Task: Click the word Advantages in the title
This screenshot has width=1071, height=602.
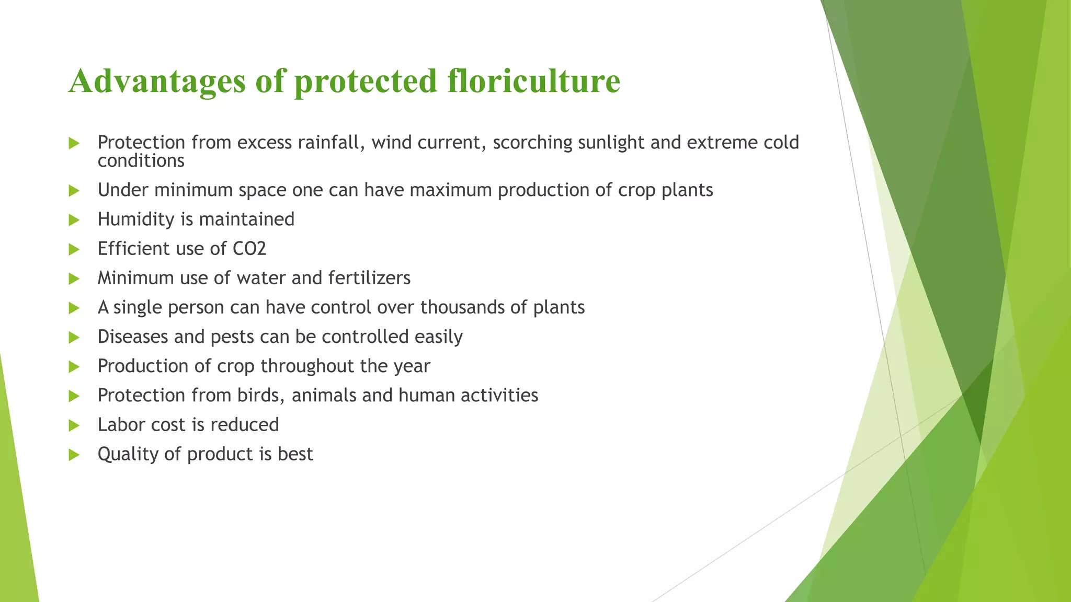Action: tap(157, 82)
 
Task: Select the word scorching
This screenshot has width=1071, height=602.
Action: tap(532, 143)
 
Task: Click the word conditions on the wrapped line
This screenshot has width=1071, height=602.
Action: tap(141, 161)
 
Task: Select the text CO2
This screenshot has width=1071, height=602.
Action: tap(249, 249)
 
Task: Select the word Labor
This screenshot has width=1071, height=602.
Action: tap(121, 425)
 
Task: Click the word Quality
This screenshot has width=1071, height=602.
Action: tap(128, 455)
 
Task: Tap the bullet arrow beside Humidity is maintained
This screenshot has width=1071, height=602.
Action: tap(74, 220)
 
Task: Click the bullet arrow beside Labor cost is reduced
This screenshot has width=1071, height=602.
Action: tap(74, 425)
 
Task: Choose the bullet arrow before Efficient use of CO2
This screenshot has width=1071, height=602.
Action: tap(74, 249)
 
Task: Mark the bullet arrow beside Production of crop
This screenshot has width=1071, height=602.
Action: tap(74, 367)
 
